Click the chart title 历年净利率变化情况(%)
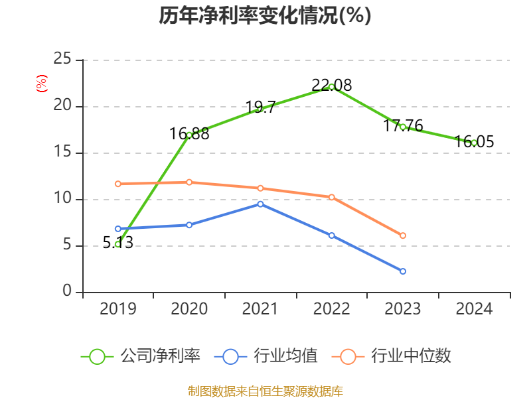click(x=265, y=16)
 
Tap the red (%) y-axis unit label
click(x=42, y=84)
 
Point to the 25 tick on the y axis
click(x=62, y=60)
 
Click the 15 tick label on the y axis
click(x=62, y=153)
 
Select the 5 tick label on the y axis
click(x=67, y=245)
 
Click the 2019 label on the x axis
click(x=118, y=308)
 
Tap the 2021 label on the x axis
click(x=260, y=308)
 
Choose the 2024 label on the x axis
click(x=474, y=308)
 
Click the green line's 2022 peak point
click(x=331, y=87)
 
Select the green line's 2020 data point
click(x=189, y=135)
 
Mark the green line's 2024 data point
click(x=474, y=143)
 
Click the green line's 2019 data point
click(x=118, y=244)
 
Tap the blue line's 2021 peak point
click(x=260, y=204)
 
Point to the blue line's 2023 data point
click(x=403, y=271)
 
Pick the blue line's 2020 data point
click(x=189, y=225)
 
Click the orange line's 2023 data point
click(x=403, y=235)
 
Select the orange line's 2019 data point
click(x=118, y=184)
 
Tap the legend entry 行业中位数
click(x=396, y=356)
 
